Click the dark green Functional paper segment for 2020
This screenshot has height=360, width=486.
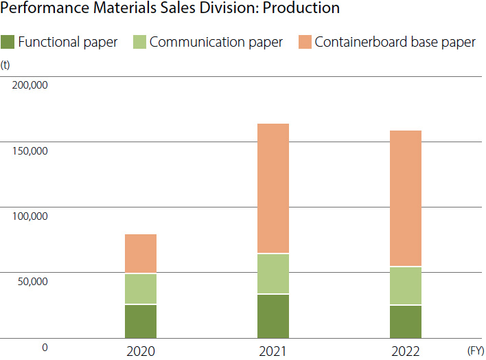coord(141,321)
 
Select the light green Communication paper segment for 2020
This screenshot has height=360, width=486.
coord(141,289)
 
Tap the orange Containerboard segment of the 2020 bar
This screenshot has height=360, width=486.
coord(141,254)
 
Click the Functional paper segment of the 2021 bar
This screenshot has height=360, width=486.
coord(273,316)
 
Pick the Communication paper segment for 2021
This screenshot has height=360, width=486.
coord(273,273)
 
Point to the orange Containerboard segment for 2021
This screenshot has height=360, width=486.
coord(273,188)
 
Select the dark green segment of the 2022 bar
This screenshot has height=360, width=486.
coord(406,322)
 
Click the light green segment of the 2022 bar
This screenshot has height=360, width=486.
coord(406,285)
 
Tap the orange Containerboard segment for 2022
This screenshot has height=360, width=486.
coord(406,198)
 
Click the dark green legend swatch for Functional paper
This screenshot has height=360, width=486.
coord(8,42)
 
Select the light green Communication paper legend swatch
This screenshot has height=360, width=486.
coord(139,42)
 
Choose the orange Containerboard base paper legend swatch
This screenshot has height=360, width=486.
coord(305,42)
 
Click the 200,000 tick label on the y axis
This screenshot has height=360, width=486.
coord(29,86)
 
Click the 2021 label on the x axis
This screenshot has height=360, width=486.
coord(273,351)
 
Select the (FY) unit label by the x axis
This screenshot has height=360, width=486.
coord(475,350)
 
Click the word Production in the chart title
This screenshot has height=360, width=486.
coord(304,8)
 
